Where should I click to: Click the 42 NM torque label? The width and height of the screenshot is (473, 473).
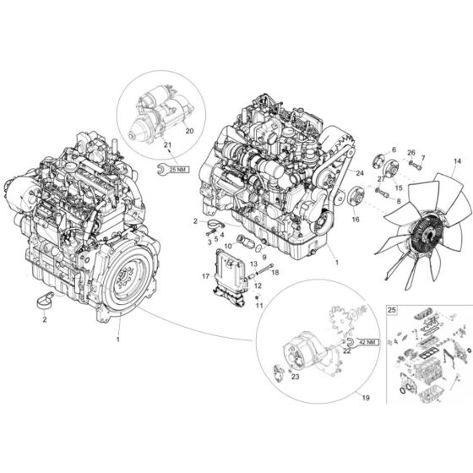[x=366, y=343]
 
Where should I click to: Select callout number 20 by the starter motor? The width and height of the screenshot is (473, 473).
[x=189, y=131]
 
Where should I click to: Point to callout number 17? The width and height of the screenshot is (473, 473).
[x=205, y=275]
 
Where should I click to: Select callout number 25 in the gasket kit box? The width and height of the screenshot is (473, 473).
[x=391, y=311]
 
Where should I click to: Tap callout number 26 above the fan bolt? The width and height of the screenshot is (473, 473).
[x=411, y=153]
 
